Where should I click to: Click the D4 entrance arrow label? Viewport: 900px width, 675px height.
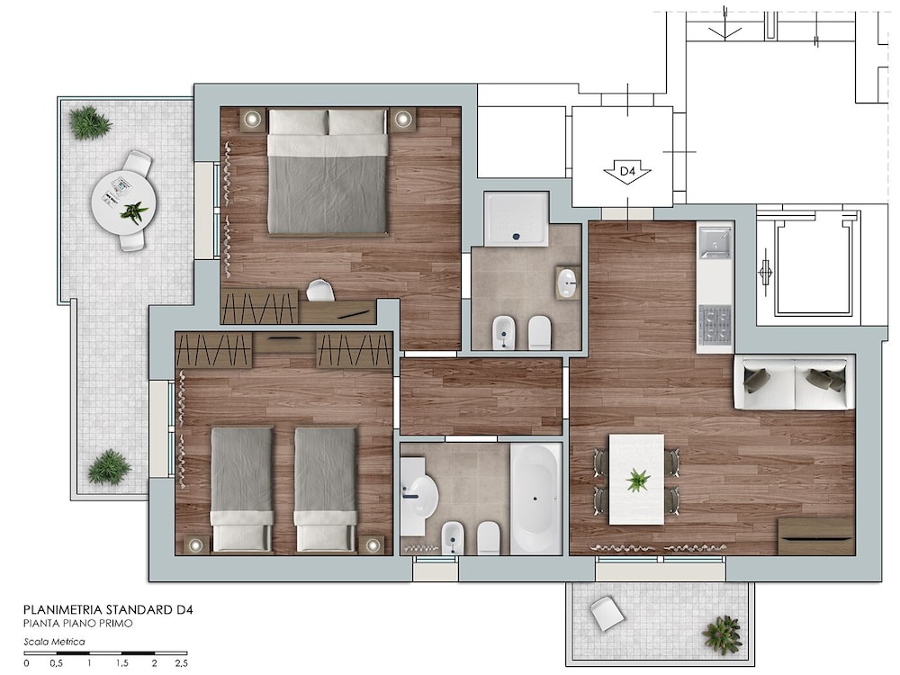tap(626, 172)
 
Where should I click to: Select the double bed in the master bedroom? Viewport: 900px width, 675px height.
tap(328, 172)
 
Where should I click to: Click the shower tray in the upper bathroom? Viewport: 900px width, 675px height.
tap(517, 219)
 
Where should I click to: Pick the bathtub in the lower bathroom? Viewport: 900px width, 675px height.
tap(536, 499)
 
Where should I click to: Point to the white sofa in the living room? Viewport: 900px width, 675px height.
tap(795, 382)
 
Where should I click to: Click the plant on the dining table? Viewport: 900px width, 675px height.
tap(637, 480)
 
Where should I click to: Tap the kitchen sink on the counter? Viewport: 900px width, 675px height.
tap(715, 243)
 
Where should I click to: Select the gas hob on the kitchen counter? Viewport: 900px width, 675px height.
tap(715, 323)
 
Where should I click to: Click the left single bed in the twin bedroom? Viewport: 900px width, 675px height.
tap(241, 489)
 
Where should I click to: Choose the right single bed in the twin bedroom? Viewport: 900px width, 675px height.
tap(326, 489)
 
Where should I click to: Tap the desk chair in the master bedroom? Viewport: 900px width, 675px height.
tap(320, 290)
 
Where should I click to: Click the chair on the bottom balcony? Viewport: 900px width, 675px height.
tap(607, 613)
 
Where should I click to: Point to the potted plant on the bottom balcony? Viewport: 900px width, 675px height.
tap(722, 634)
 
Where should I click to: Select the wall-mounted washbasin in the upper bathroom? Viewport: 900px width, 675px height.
tap(568, 283)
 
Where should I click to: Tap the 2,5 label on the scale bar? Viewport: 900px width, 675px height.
tap(181, 663)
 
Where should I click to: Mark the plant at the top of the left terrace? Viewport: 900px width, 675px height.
tap(89, 122)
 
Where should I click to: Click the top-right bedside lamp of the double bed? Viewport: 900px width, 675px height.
tap(403, 119)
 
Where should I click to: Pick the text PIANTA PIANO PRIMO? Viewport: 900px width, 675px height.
tap(78, 624)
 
